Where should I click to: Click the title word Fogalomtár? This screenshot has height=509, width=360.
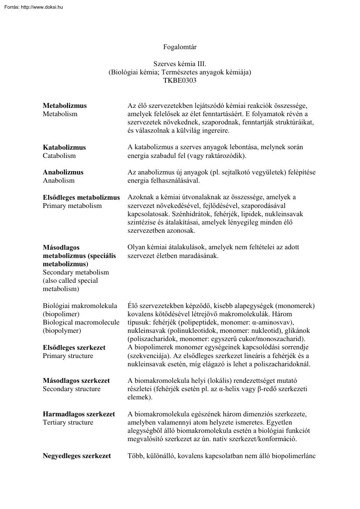pyautogui.click(x=180, y=47)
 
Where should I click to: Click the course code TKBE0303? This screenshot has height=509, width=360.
pyautogui.click(x=180, y=80)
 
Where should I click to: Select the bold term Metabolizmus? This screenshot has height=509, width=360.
pyautogui.click(x=64, y=106)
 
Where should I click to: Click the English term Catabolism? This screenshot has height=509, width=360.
pyautogui.click(x=59, y=156)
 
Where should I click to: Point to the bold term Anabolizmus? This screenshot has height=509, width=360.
pyautogui.click(x=63, y=172)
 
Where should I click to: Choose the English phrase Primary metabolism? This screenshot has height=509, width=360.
pyautogui.click(x=72, y=206)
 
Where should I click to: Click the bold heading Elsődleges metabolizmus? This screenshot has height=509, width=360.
pyautogui.click(x=81, y=198)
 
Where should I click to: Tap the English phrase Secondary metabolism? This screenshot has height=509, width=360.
pyautogui.click(x=76, y=272)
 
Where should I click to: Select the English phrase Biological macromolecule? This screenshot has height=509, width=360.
pyautogui.click(x=81, y=322)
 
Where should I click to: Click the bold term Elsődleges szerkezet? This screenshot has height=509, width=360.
pyautogui.click(x=74, y=348)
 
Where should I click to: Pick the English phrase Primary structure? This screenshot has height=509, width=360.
pyautogui.click(x=68, y=356)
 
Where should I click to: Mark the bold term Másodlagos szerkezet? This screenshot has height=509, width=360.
pyautogui.click(x=76, y=381)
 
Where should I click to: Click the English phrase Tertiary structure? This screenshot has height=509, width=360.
pyautogui.click(x=68, y=422)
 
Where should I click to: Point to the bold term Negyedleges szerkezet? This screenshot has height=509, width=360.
pyautogui.click(x=77, y=456)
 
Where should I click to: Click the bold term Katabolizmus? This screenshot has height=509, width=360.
pyautogui.click(x=64, y=147)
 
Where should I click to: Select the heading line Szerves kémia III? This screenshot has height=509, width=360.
pyautogui.click(x=180, y=64)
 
